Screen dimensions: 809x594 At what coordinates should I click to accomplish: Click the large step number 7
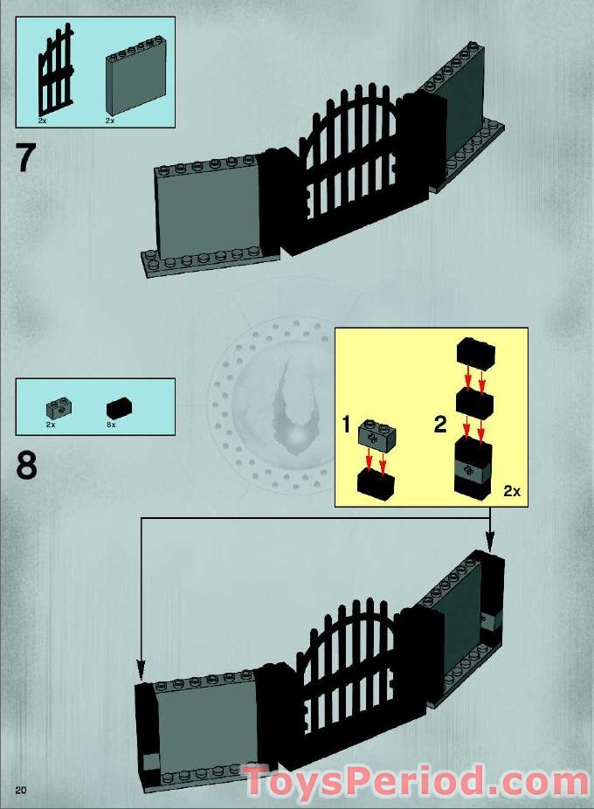(x=26, y=160)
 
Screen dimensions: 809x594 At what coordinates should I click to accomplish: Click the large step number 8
(x=26, y=466)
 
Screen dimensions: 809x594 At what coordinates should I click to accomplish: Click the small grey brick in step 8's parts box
(x=59, y=406)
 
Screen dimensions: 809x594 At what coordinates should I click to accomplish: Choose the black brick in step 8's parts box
(x=118, y=407)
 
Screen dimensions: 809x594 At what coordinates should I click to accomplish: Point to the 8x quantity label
(x=111, y=424)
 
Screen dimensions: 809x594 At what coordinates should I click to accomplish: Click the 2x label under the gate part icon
(x=42, y=120)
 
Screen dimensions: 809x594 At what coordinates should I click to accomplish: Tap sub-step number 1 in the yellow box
(x=346, y=425)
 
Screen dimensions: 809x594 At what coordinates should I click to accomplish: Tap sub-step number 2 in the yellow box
(x=440, y=425)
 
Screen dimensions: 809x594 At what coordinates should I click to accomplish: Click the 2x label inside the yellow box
(x=512, y=492)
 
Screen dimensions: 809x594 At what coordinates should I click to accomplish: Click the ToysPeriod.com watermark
(x=415, y=781)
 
